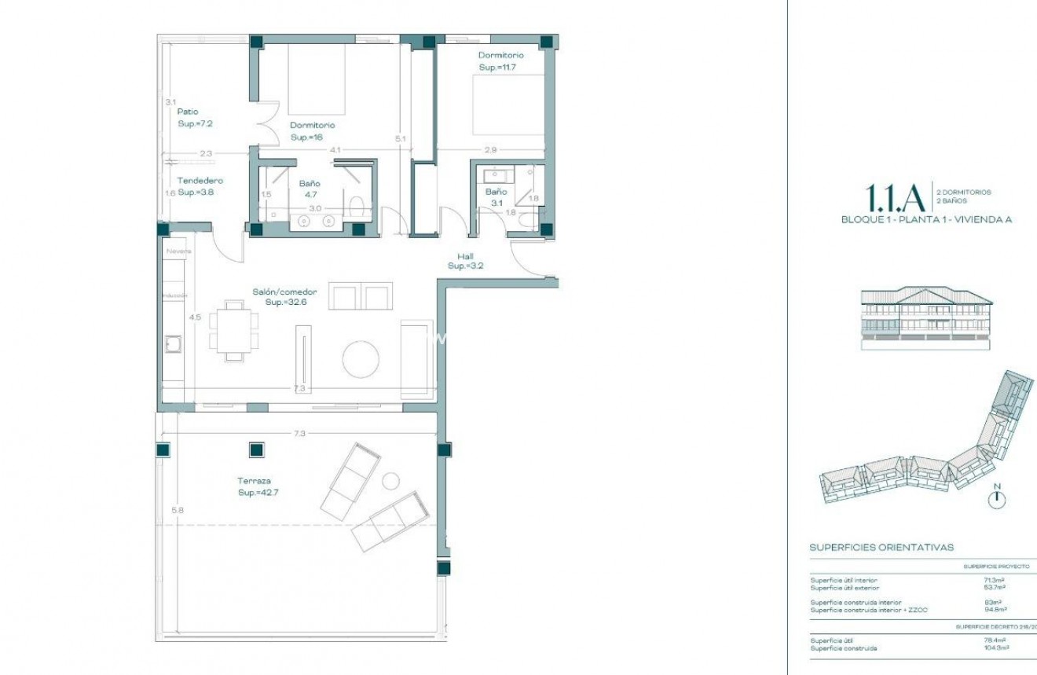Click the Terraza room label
pos(256,480)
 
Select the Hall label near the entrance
pos(465,256)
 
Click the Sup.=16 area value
pos(307,138)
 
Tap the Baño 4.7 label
pos(309,189)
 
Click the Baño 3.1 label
pos(496,197)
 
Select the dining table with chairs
pos(234,330)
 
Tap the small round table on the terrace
pos(390,480)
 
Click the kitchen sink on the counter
pos(172,344)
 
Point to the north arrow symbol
pos(997,497)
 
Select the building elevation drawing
pos(926,317)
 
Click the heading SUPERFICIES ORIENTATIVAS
pos(881,547)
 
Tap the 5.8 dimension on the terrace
pos(178,510)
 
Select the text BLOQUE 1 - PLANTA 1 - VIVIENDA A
pos(926,220)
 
